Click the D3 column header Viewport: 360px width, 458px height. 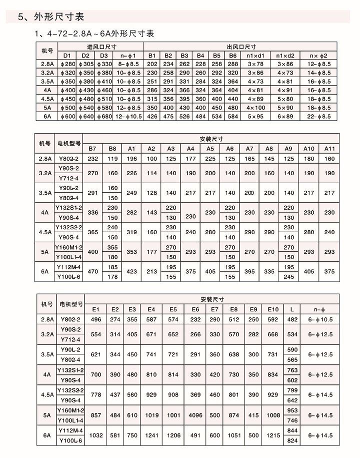(x=103, y=55)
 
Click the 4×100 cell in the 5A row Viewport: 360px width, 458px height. (x=255, y=108)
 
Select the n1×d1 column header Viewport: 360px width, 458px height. (x=255, y=55)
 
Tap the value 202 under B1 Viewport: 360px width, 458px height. (x=152, y=64)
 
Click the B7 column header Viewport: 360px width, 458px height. (x=92, y=148)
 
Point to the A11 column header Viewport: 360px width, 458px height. (x=329, y=148)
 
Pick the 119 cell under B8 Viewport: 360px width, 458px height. (x=112, y=158)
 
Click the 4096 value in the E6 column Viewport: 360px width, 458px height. (x=195, y=415)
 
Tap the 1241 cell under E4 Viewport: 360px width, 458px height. (x=152, y=436)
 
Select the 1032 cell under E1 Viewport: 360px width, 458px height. (x=96, y=436)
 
